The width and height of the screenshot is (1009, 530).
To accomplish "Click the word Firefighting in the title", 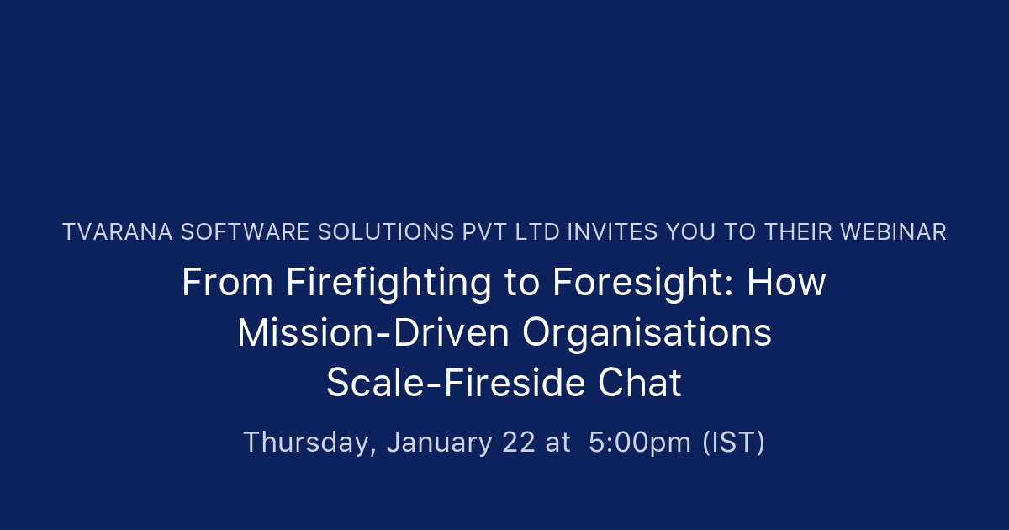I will (x=388, y=283).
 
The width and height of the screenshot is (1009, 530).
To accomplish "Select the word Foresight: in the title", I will (x=643, y=283).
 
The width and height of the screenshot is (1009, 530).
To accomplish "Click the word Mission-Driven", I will (x=373, y=333).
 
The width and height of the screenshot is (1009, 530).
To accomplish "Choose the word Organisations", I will (x=647, y=333).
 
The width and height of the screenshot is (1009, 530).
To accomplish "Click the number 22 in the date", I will (x=518, y=443).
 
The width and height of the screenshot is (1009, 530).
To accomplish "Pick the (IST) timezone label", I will (x=733, y=443).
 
